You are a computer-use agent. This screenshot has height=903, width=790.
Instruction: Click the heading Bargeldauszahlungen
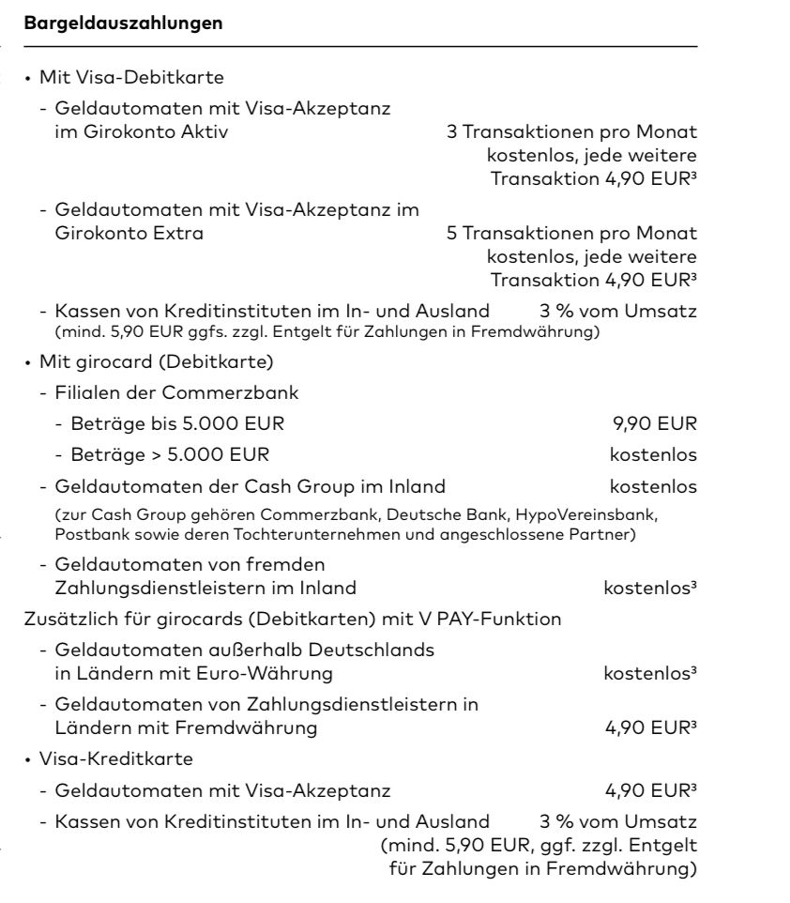[127, 23]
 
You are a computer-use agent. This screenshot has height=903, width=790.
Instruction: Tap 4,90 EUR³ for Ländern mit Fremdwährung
[661, 727]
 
